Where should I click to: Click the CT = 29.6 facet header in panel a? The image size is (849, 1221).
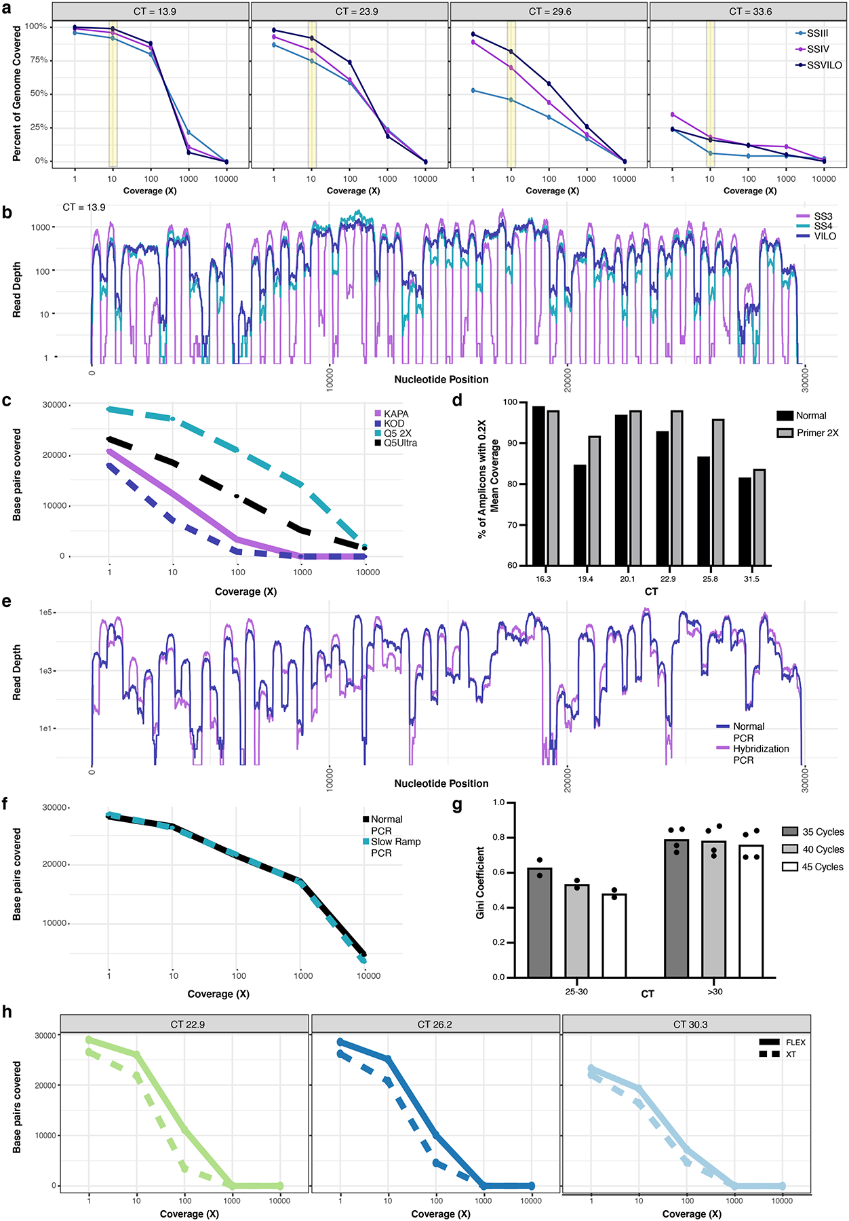pos(550,12)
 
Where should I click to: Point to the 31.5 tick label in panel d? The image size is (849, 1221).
pos(751,579)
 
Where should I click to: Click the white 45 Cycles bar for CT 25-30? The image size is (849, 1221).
pos(614,935)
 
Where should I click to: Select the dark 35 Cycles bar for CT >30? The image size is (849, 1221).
pos(676,908)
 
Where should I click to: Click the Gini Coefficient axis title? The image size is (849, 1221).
pos(480,883)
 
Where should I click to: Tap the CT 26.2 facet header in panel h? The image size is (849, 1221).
pos(435,1024)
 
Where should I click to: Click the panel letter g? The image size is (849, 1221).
pos(457,805)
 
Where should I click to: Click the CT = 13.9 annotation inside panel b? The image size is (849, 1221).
pos(84,207)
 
